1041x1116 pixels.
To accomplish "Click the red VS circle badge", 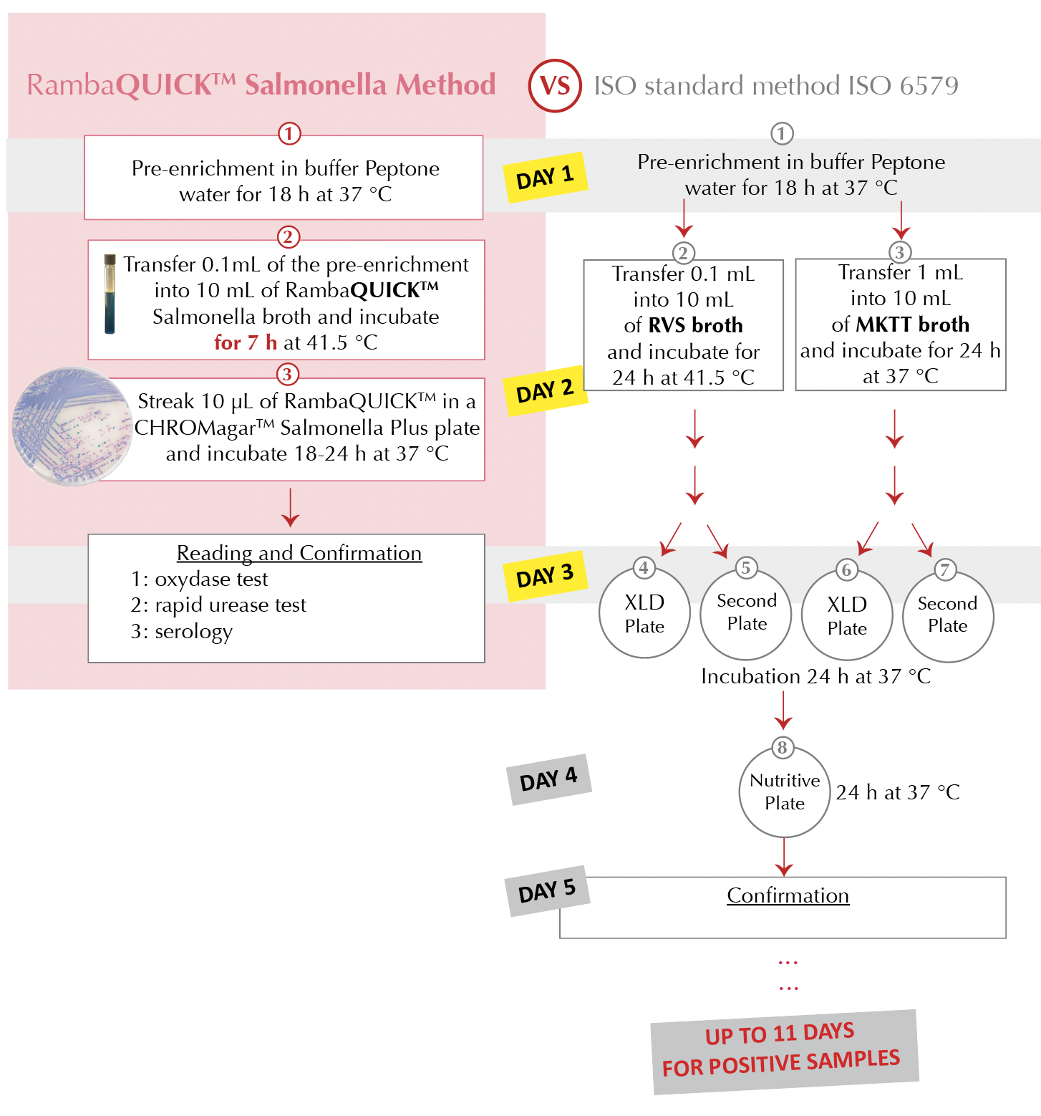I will coord(554,86).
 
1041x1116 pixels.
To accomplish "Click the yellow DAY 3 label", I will coord(546,576).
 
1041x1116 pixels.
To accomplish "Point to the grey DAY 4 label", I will coord(549,779).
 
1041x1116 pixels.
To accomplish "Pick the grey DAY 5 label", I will coord(547,891).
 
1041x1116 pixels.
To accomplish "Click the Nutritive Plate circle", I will coord(785,792).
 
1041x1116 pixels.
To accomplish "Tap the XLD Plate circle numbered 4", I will coord(644,614).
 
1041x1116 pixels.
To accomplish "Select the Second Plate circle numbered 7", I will coord(948,615).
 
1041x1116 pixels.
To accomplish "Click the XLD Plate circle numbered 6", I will coord(847,616).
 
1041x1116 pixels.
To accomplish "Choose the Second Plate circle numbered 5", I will coord(746,613).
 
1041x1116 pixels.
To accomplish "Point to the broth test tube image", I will coord(110,294).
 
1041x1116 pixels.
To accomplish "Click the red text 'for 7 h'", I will coord(246,342).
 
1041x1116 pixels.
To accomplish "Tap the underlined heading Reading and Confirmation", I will coord(299,553).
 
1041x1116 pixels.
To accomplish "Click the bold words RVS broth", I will coord(695,325).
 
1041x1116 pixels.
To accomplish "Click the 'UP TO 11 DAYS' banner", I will coord(784,1051).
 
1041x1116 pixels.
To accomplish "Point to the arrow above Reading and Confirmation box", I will coord(290,507).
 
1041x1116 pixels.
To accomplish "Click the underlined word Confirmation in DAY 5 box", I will coord(788,895).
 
